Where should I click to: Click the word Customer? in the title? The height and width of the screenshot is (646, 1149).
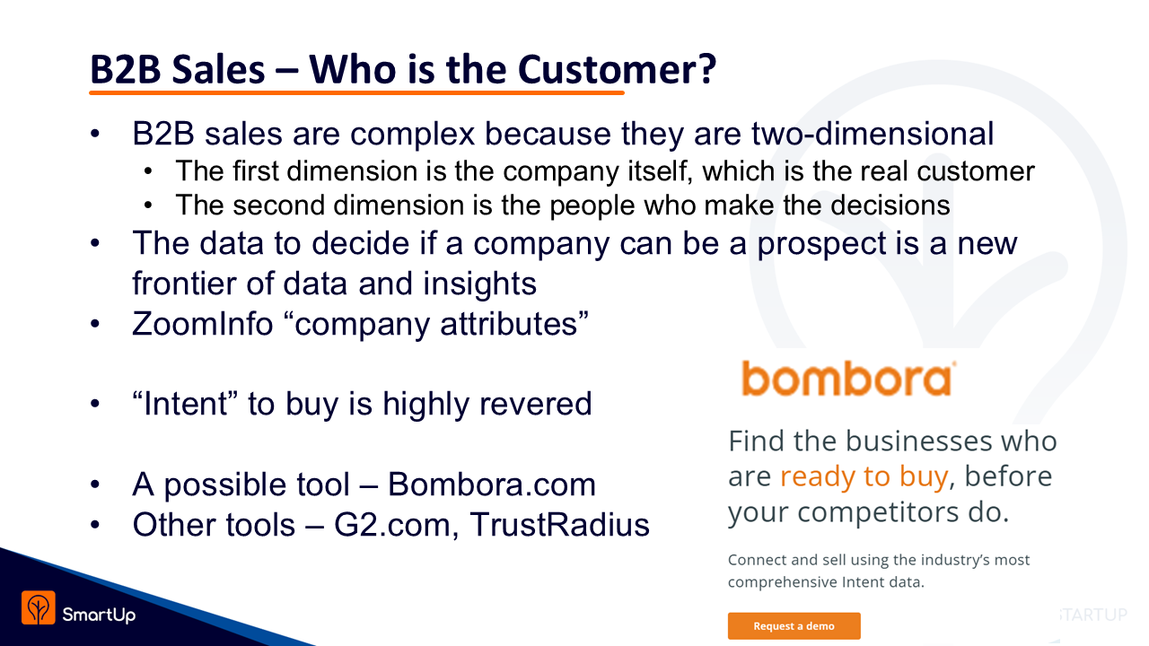click(617, 69)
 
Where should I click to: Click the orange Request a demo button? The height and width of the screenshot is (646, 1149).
click(794, 626)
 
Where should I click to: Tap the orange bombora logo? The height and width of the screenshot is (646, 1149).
click(848, 379)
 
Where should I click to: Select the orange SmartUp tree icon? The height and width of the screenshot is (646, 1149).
click(39, 607)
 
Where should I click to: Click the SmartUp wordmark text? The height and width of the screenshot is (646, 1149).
click(99, 615)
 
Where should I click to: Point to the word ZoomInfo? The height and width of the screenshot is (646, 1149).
click(203, 324)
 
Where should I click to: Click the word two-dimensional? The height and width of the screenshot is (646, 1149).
click(873, 134)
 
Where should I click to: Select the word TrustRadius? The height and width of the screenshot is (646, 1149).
click(559, 525)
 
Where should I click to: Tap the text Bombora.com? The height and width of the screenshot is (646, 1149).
click(491, 484)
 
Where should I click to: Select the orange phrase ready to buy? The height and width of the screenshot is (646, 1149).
click(864, 477)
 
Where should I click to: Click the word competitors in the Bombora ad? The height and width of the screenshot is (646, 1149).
click(878, 512)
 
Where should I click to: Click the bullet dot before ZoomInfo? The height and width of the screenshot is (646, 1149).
click(95, 324)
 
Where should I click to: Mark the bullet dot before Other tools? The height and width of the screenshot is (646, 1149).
click(95, 525)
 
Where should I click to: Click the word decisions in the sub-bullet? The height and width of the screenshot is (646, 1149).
click(890, 205)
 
